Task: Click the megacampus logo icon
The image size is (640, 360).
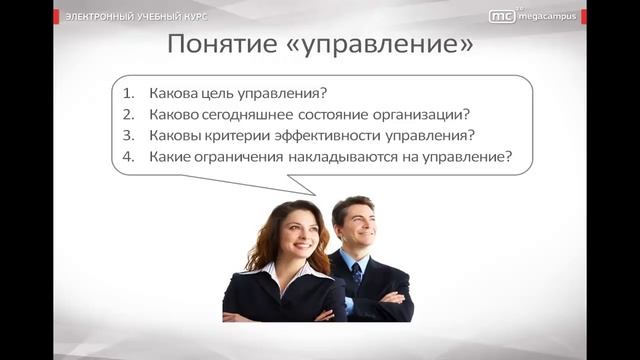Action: pyautogui.click(x=502, y=15)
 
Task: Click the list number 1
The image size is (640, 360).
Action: pyautogui.click(x=128, y=93)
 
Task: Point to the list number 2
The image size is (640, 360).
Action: pyautogui.click(x=128, y=114)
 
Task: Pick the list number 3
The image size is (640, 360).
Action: pyautogui.click(x=128, y=135)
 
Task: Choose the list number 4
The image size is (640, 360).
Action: pyautogui.click(x=128, y=156)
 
